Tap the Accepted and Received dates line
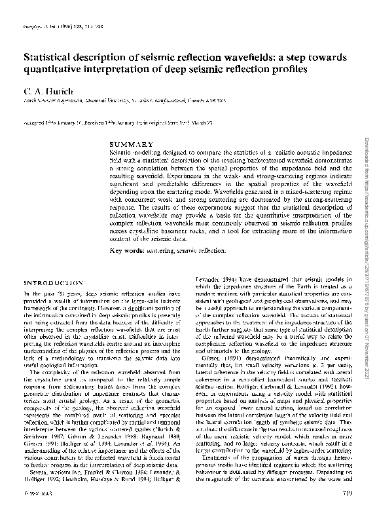[111, 122]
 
